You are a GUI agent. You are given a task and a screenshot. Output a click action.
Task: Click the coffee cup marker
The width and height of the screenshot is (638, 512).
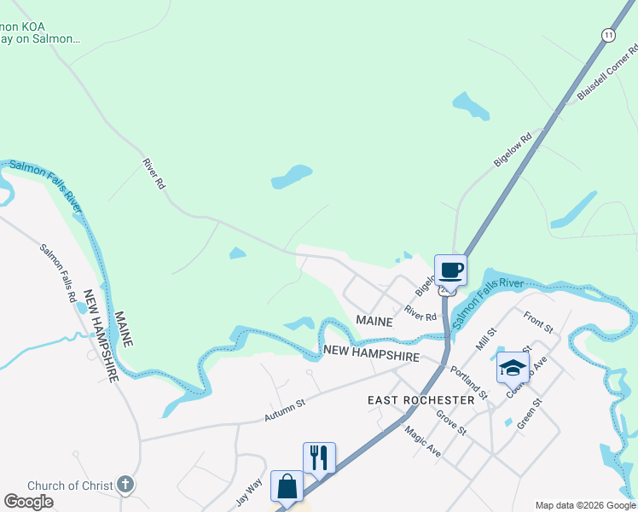coord(450,271)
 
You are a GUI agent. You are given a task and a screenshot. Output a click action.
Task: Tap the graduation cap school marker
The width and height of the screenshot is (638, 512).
coord(512,368)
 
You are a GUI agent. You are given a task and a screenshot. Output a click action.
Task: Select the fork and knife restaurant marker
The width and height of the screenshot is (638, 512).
coord(319,457)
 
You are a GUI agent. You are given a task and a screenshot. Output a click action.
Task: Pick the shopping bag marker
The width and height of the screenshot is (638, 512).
coord(287,486)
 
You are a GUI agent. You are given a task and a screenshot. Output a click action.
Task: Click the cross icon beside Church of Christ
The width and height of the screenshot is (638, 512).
coord(125,486)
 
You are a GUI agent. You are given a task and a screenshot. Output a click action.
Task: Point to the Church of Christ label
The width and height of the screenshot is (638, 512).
coord(70,486)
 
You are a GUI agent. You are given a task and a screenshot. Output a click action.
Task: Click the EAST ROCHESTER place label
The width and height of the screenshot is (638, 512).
coord(420,400)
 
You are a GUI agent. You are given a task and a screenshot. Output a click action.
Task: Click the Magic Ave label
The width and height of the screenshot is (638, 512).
coord(422,442)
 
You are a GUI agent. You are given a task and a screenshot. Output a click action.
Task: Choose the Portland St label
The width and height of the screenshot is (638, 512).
coord(469,384)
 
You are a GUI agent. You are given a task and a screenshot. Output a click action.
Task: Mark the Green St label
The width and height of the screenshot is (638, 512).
coord(529,413)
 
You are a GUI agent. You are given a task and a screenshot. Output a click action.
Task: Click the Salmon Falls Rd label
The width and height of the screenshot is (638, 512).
coord(59,273)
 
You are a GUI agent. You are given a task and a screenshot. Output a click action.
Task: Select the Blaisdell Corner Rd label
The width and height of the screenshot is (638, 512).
coord(607,71)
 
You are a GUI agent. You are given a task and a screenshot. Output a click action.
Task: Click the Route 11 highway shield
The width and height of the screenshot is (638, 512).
coord(607,35)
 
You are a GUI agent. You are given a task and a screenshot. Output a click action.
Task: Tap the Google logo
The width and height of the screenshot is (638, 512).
coord(28,502)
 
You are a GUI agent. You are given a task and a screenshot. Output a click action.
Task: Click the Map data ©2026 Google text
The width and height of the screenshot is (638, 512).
coord(585,505)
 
